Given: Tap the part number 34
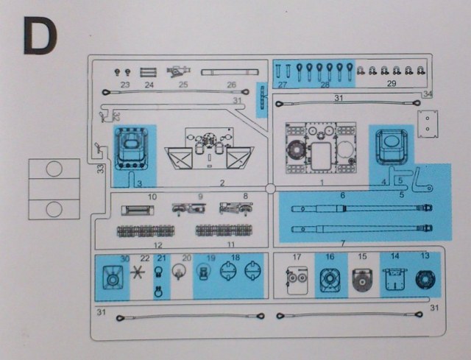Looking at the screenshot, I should [x=428, y=94].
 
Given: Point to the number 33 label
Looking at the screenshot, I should [x=100, y=169].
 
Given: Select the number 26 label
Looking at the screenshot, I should [x=231, y=85].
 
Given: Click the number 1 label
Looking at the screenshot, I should [x=321, y=181].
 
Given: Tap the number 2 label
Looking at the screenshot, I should [x=221, y=182].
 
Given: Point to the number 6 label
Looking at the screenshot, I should [x=342, y=195].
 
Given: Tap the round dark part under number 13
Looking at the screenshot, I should [x=425, y=280].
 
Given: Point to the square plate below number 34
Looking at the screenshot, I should [x=426, y=124].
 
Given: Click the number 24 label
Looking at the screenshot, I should [x=149, y=85].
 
